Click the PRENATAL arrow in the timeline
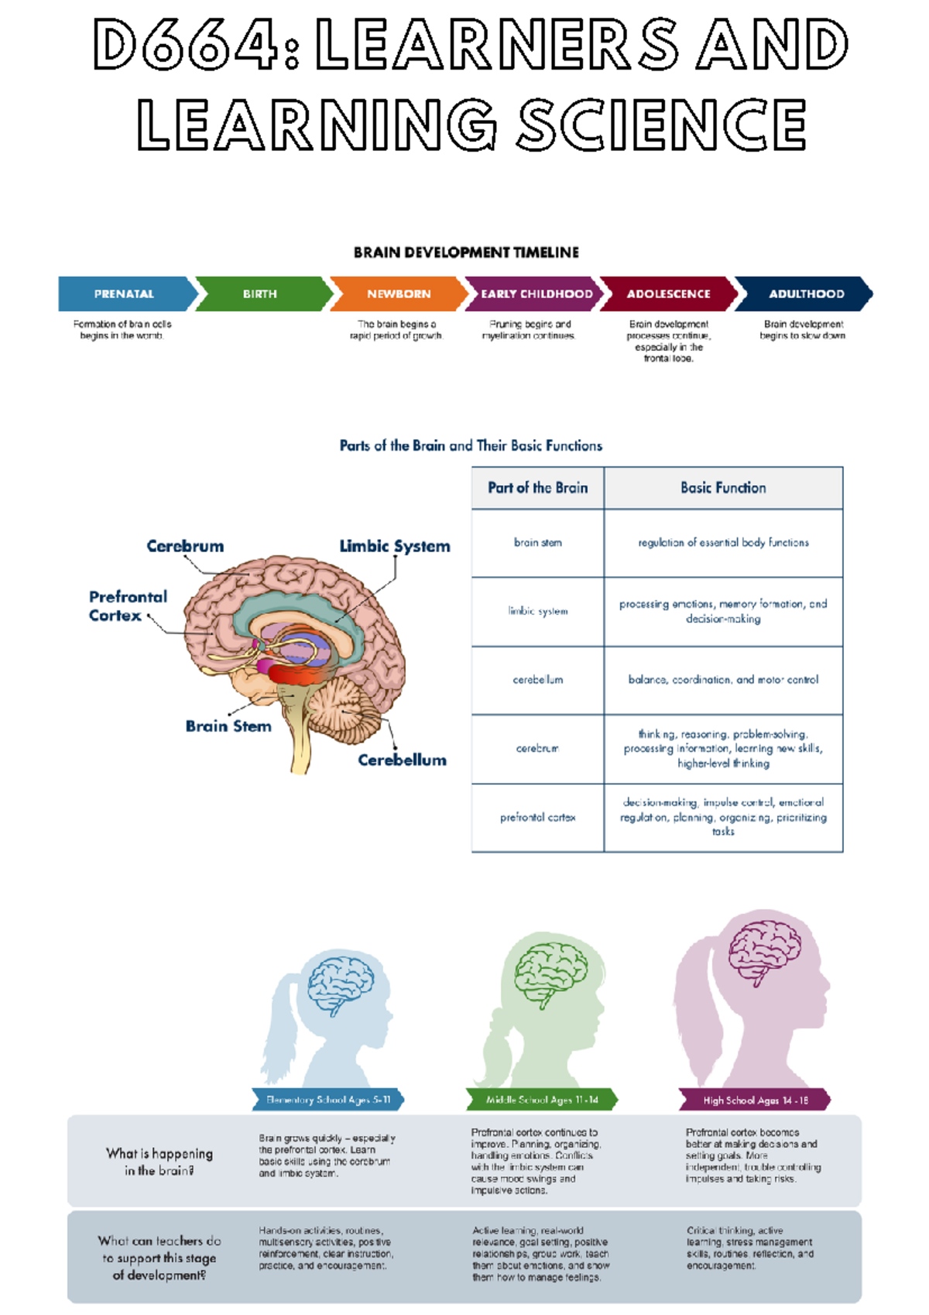[x=124, y=294]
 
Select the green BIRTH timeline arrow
[x=260, y=294]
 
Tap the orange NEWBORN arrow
[x=399, y=294]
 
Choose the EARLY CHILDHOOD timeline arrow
[x=536, y=294]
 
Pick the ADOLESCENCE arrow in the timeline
[x=668, y=294]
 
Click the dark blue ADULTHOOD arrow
[x=806, y=294]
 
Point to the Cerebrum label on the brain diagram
[x=185, y=546]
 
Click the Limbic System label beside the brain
[x=395, y=546]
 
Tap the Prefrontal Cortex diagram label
[x=128, y=606]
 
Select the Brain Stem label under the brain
[x=228, y=726]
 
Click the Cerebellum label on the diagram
[x=402, y=761]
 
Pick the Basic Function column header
[x=723, y=488]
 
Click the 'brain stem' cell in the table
[x=538, y=543]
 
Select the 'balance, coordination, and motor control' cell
[x=723, y=680]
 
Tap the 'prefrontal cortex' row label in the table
[x=538, y=818]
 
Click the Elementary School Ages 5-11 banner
[x=328, y=1100]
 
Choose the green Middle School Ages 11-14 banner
[x=542, y=1100]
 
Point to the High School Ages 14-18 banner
[x=756, y=1100]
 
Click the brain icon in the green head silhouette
[x=551, y=973]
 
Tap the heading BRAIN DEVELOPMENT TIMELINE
[x=466, y=252]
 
